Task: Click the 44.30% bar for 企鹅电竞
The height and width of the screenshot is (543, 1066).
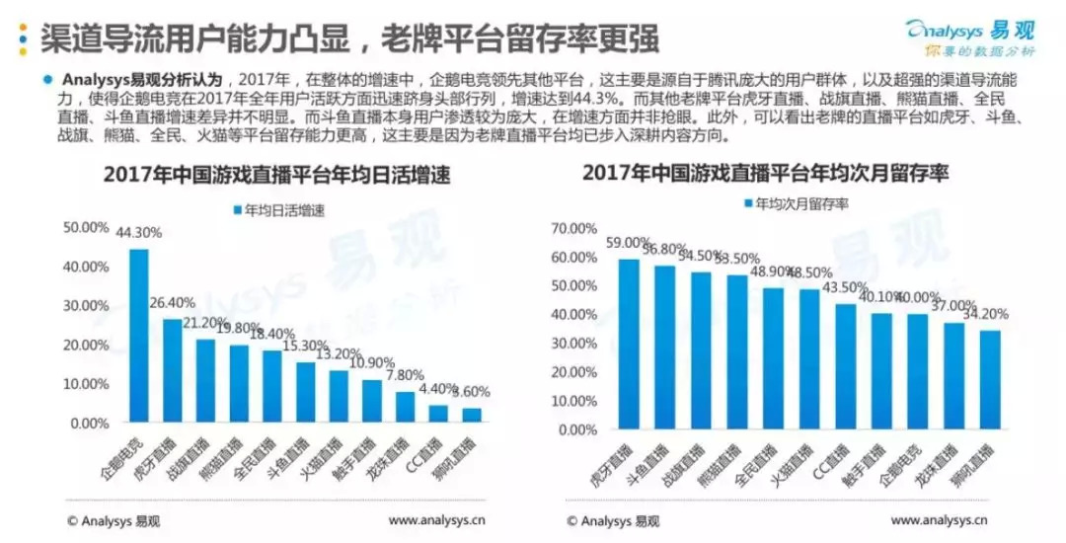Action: pyautogui.click(x=139, y=336)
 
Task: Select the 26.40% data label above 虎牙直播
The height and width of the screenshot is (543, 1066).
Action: pyautogui.click(x=169, y=302)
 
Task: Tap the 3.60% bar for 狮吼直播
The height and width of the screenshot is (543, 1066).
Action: pyautogui.click(x=473, y=415)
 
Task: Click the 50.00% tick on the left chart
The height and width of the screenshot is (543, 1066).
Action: pyautogui.click(x=86, y=227)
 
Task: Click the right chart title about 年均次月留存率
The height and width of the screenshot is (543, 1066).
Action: pyautogui.click(x=765, y=174)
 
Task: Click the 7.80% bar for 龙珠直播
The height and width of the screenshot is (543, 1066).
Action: pyautogui.click(x=406, y=407)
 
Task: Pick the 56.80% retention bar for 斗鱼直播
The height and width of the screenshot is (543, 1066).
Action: pyautogui.click(x=665, y=348)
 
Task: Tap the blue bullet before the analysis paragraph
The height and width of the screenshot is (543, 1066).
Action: pyautogui.click(x=46, y=80)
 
